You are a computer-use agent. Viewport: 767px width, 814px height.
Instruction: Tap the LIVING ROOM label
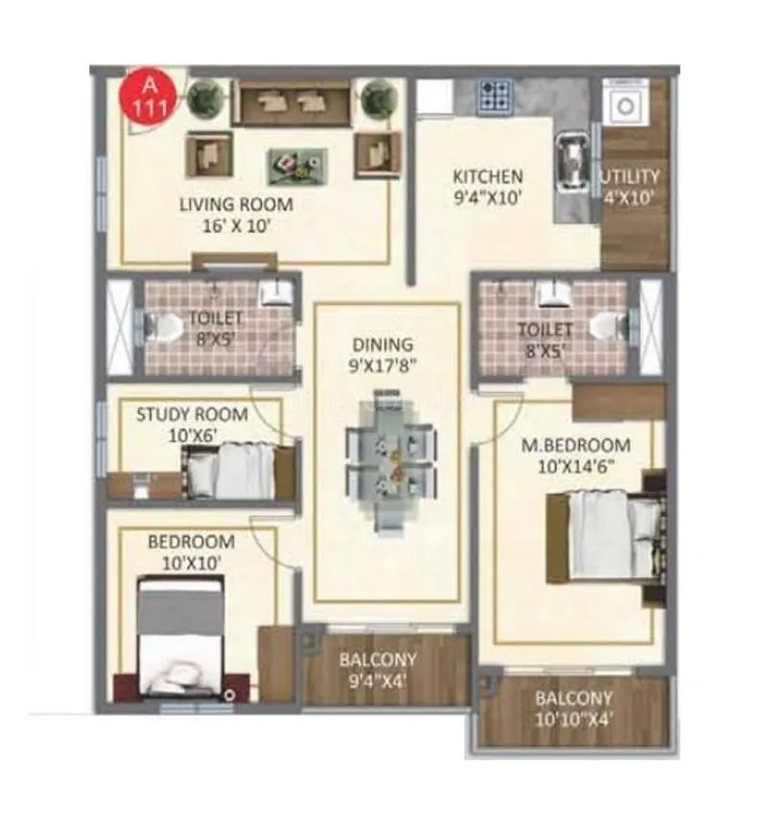pyautogui.click(x=237, y=204)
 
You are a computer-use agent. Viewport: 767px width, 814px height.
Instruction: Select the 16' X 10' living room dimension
pyautogui.click(x=237, y=226)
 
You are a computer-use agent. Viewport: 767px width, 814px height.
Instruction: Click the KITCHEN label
pyautogui.click(x=488, y=176)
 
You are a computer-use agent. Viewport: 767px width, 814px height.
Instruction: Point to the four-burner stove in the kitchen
pyautogui.click(x=496, y=94)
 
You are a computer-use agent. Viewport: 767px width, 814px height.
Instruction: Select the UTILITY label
pyautogui.click(x=630, y=176)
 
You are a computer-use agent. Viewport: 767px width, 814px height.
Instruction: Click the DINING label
pyautogui.click(x=382, y=344)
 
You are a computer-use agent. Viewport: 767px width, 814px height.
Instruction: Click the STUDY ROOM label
pyautogui.click(x=192, y=414)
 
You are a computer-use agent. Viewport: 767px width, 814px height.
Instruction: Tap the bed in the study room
pyautogui.click(x=234, y=472)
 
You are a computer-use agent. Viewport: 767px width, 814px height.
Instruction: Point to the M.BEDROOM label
pyautogui.click(x=575, y=445)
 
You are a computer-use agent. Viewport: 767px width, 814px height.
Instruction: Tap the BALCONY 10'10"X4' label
pyautogui.click(x=574, y=709)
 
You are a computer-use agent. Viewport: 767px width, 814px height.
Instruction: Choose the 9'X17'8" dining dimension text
pyautogui.click(x=382, y=365)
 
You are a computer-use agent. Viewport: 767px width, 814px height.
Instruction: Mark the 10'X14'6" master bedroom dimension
pyautogui.click(x=575, y=467)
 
